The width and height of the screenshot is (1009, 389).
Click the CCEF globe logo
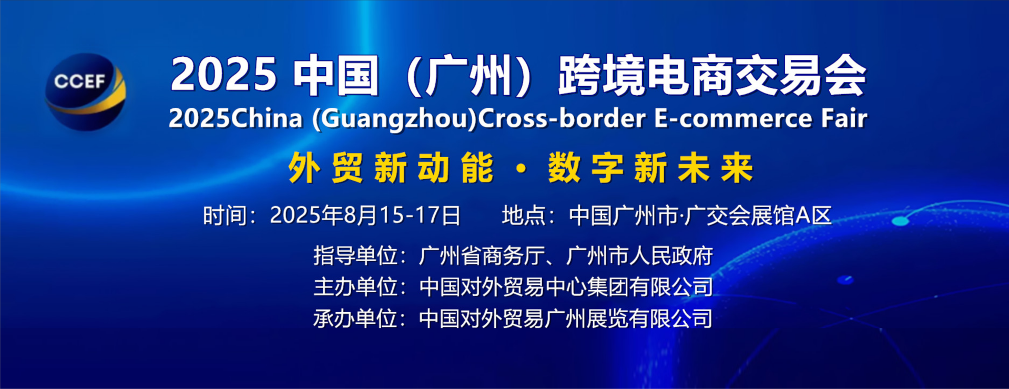pos(85,91)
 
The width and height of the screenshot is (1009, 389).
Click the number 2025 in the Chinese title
pos(223,75)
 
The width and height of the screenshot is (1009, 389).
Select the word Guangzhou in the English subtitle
pos(395,119)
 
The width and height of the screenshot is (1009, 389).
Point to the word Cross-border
pos(562,118)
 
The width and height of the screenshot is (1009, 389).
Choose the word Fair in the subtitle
pos(844,118)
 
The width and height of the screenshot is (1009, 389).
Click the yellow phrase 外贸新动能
pos(391,168)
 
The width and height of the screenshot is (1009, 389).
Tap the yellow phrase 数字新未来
pos(650,168)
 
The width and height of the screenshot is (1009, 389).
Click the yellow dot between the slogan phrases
pos(521,169)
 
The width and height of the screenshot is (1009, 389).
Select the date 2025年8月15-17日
pos(365,216)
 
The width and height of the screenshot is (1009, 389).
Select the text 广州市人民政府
pos(639,256)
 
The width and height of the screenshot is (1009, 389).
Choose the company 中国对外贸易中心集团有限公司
pos(566,287)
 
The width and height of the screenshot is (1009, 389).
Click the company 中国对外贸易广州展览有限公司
pos(566,319)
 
